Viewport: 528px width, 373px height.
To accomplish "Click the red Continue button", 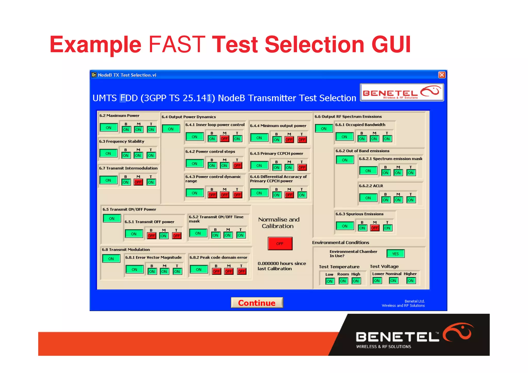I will tap(257, 303).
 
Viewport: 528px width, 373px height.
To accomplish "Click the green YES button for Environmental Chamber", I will tap(395, 254).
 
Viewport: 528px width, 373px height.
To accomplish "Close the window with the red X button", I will tap(442, 75).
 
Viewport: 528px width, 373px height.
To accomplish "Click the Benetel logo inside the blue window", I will tap(402, 93).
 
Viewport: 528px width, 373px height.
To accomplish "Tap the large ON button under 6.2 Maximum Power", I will tap(109, 128).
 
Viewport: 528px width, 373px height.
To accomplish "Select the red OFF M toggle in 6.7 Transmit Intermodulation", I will tap(138, 182).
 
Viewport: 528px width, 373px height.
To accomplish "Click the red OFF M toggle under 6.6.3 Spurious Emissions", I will tap(375, 228).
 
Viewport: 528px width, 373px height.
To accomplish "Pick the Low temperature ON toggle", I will tap(330, 281).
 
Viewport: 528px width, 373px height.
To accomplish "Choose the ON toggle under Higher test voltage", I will tap(411, 281).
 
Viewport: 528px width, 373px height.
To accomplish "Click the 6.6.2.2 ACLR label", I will tap(371, 186).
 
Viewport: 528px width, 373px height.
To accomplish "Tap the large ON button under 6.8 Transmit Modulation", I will tap(111, 259).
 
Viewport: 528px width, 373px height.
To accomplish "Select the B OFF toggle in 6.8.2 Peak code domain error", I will tap(216, 271).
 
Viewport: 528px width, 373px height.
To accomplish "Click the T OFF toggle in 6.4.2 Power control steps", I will tap(237, 165).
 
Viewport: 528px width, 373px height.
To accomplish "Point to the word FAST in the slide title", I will tap(177, 44).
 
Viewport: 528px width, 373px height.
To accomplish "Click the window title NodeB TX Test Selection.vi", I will tap(127, 75).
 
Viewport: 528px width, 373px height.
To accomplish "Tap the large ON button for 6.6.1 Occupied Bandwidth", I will tap(344, 137).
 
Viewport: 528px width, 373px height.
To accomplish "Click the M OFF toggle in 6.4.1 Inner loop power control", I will tap(224, 139).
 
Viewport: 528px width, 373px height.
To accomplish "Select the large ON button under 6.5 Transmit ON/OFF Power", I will tap(112, 218).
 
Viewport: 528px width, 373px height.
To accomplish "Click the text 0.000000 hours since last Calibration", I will tap(282, 266).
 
